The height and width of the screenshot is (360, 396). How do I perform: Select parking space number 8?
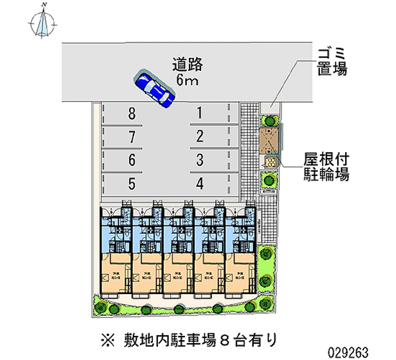131,114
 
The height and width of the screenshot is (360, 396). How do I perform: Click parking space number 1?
199,114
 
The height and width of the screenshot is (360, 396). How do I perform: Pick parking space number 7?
131,137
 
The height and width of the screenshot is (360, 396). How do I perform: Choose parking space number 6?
131,160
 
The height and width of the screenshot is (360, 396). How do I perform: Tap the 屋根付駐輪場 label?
326,167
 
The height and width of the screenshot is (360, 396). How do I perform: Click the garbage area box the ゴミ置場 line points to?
270,106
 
